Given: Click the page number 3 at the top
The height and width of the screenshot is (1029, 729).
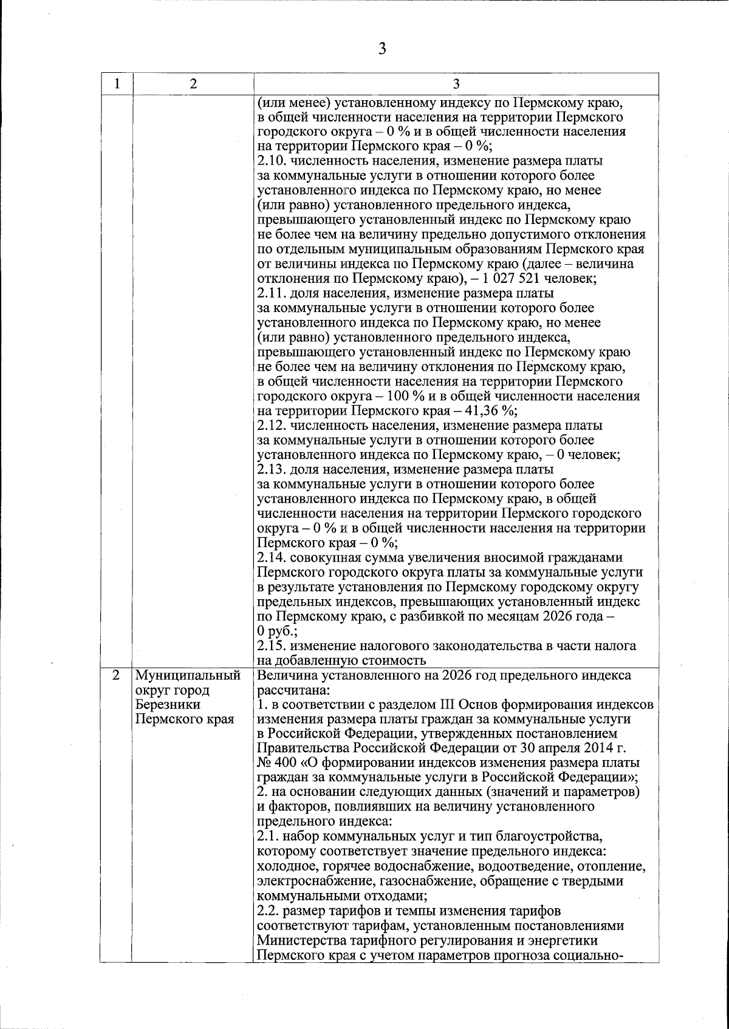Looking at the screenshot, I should [x=382, y=49].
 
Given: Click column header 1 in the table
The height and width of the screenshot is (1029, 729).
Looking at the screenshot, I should [x=116, y=84].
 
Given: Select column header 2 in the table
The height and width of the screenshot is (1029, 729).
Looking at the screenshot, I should [x=193, y=84].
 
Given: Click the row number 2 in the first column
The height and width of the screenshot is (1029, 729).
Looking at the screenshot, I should [x=115, y=676].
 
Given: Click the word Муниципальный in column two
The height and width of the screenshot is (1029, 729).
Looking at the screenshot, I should [x=188, y=676].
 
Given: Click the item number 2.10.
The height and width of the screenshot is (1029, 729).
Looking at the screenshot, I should [x=270, y=161].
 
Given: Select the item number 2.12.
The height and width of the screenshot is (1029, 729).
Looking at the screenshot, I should [x=270, y=426].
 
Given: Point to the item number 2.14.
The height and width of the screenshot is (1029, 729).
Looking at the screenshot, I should [x=270, y=558].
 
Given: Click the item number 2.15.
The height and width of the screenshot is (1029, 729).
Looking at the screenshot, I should [x=270, y=646].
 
